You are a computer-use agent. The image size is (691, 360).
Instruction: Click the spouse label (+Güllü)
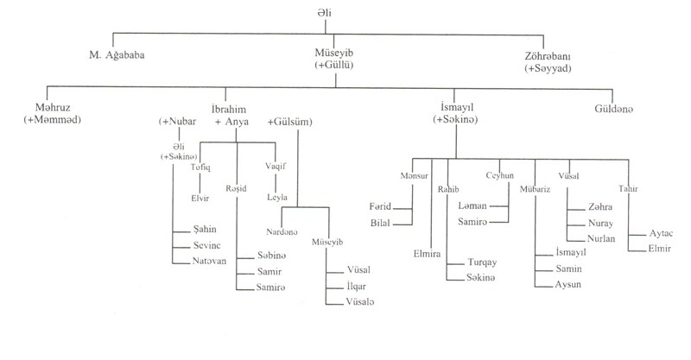339,66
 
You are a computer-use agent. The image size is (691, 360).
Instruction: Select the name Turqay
481,262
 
